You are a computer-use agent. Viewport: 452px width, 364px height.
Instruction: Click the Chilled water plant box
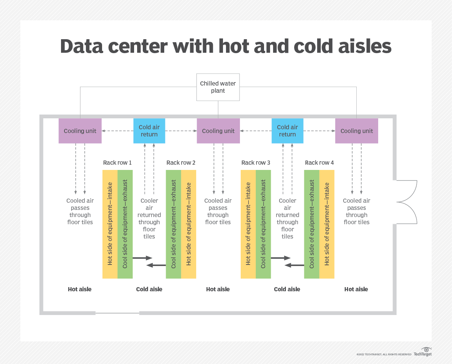[218, 87]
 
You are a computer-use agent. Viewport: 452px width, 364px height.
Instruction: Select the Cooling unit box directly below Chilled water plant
[218, 131]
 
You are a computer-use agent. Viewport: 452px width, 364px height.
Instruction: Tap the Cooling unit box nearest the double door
[356, 131]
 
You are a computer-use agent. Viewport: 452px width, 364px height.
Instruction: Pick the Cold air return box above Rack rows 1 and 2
[149, 131]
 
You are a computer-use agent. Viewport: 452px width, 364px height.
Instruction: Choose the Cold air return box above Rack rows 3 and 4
[287, 131]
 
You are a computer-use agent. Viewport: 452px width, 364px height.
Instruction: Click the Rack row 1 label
[118, 162]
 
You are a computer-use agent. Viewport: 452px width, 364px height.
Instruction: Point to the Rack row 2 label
[181, 162]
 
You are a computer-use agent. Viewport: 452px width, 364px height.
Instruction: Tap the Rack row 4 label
[319, 162]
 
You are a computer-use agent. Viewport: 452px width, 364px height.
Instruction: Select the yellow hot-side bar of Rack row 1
[110, 224]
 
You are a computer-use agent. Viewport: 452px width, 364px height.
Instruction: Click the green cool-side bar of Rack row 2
[174, 224]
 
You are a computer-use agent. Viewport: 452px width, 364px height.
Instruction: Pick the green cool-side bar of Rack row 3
[263, 224]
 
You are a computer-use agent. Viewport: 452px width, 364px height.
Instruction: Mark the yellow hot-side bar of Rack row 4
[327, 224]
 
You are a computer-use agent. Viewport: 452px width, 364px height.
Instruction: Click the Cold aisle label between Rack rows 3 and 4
[287, 289]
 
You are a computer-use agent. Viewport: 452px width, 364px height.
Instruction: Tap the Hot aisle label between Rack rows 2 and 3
[218, 289]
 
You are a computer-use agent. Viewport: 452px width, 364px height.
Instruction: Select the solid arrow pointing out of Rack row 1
[142, 258]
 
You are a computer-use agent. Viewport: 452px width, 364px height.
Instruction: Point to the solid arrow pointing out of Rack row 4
[294, 265]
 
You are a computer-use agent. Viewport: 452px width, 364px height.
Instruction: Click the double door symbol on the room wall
[406, 202]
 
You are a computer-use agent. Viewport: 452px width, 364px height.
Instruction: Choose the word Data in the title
[82, 46]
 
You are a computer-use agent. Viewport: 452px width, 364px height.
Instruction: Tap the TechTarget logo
[423, 352]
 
